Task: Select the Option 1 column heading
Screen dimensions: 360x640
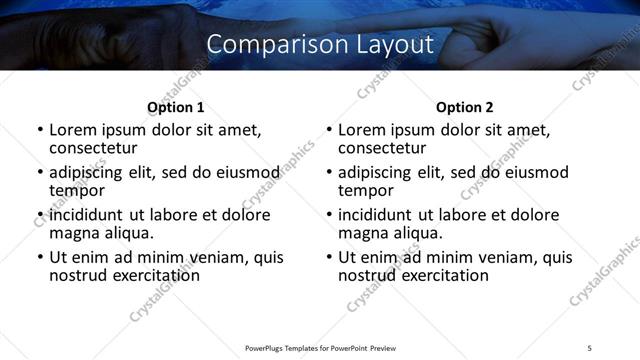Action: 175,107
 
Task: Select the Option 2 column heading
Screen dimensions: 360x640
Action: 464,107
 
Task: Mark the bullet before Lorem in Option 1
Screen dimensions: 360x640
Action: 40,130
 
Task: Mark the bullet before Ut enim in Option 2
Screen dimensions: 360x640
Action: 329,257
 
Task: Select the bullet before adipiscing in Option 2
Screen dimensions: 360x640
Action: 329,172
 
